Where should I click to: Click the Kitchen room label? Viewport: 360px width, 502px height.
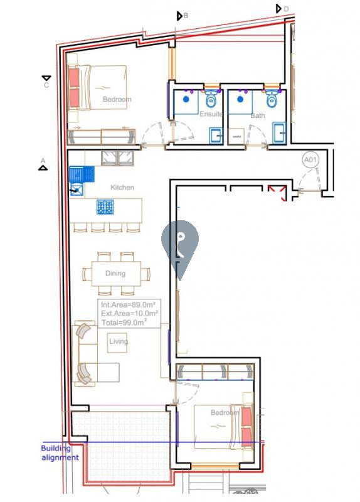coord(122,188)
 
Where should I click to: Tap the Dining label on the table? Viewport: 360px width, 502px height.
coord(115,274)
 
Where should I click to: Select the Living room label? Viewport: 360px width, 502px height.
coord(119,341)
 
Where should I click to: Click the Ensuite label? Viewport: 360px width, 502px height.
coord(211,114)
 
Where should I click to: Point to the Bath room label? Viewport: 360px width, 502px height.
coord(258,116)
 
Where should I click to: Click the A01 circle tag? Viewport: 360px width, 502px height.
coord(311,161)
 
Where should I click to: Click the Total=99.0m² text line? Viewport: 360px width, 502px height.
coord(124,323)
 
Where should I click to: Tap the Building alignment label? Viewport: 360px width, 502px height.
coord(60,453)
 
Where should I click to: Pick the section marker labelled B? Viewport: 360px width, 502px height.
coord(181,16)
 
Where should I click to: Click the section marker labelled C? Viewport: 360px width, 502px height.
coord(46,80)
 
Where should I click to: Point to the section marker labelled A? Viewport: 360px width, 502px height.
coord(43,164)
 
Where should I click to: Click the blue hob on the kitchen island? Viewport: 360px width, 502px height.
coord(105,207)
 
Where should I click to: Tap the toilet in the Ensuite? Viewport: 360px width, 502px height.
coord(211,99)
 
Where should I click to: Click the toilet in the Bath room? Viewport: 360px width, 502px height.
coord(272,99)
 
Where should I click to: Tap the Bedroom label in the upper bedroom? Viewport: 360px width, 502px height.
coord(117,100)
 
